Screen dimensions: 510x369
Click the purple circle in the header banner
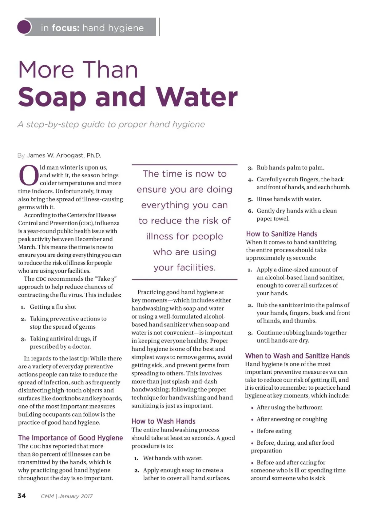24,27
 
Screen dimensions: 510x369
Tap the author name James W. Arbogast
64,155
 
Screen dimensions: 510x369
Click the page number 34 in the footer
22,496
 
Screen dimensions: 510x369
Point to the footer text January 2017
76,496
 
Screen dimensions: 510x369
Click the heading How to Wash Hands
163,421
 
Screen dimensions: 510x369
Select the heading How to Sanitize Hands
281,234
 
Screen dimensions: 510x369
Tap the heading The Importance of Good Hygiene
70,438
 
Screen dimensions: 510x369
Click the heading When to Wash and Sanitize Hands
297,356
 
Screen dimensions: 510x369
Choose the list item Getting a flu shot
53,307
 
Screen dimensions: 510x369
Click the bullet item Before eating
274,431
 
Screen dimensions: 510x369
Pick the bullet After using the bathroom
289,408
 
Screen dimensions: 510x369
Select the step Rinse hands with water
288,199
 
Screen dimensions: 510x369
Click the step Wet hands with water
173,458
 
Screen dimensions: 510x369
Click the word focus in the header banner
65,28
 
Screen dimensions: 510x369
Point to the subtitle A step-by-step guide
111,124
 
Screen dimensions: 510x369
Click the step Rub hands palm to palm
290,168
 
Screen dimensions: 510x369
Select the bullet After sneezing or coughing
292,419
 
